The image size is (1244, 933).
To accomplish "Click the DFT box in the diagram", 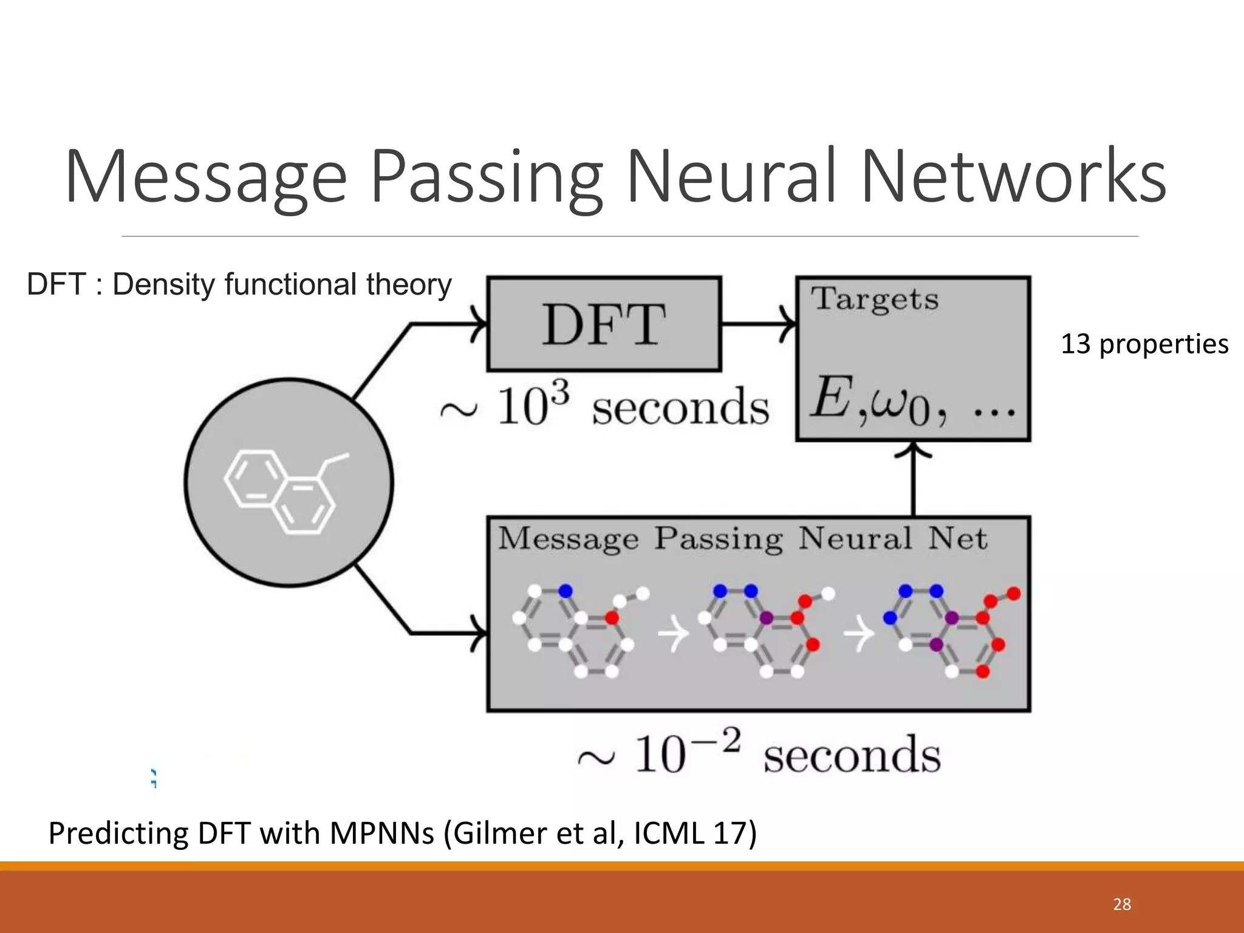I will point(604,324).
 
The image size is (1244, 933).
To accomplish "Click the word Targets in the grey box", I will point(875,299).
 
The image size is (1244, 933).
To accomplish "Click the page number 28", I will point(1121,904).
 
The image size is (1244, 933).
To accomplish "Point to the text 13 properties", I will point(1144,344).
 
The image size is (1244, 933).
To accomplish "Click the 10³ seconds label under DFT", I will point(604,406).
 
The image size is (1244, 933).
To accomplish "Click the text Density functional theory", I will point(282,284).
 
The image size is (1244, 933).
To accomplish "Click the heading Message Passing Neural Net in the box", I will point(742,539).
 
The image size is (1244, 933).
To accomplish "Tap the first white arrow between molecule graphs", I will point(674,635).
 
